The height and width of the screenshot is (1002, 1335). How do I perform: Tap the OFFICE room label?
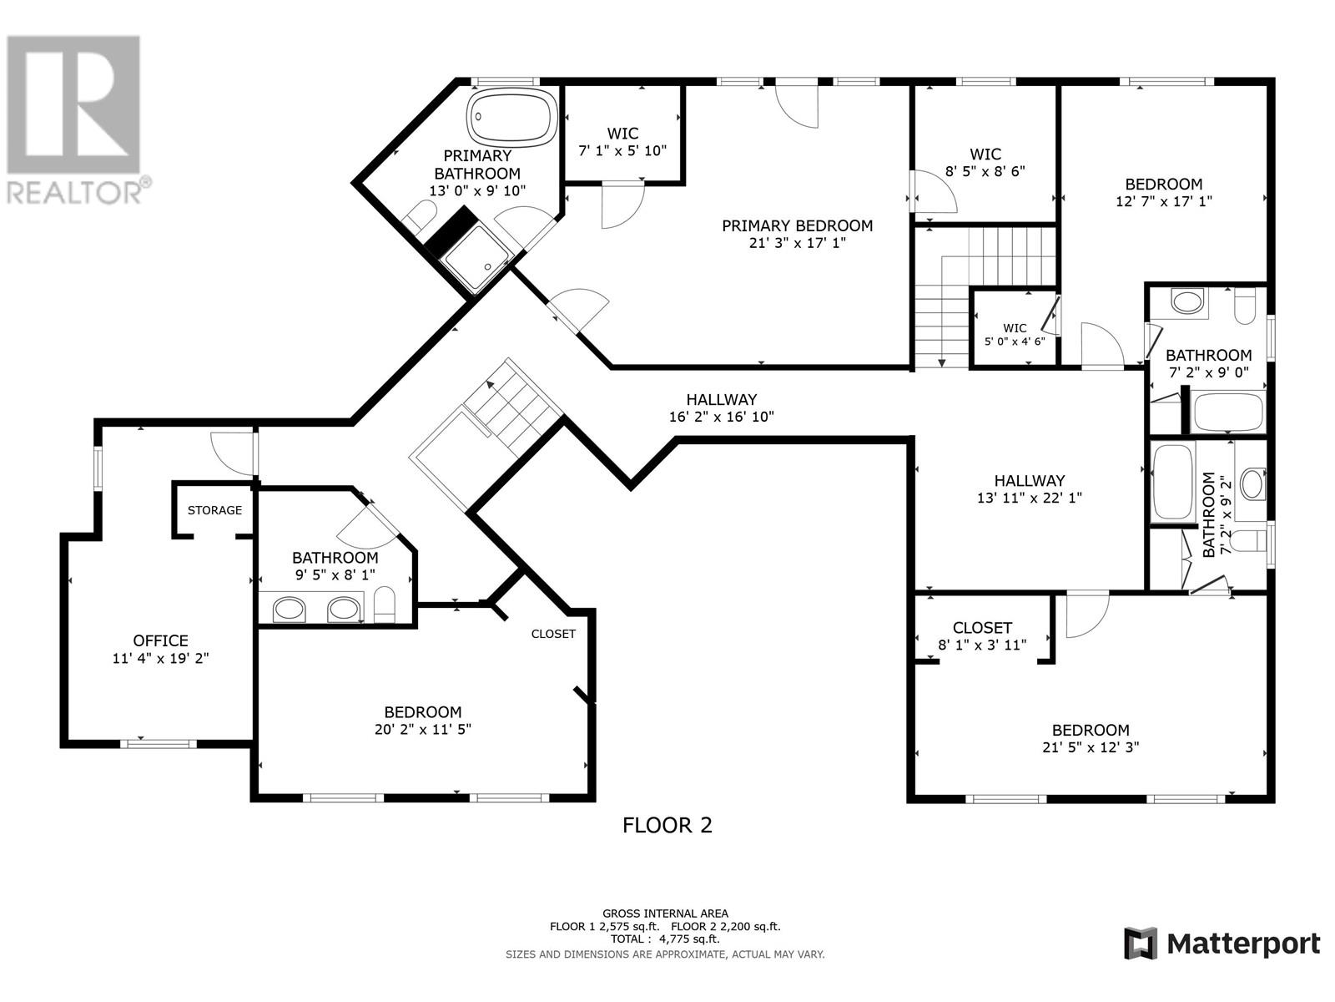160,640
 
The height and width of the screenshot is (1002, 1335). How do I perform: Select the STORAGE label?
214,510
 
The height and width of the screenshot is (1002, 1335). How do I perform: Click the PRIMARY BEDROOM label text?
797,225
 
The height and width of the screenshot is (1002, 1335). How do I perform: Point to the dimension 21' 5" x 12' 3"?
1091,747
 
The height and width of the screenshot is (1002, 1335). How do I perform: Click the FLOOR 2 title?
667,826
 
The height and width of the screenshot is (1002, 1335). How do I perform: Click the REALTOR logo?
75,119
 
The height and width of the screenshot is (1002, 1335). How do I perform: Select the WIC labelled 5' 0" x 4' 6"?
1015,335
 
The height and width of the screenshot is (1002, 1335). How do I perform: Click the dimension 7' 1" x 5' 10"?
622,150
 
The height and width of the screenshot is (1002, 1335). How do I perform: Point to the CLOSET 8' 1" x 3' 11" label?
982,636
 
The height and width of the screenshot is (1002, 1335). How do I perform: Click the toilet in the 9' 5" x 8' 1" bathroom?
385,605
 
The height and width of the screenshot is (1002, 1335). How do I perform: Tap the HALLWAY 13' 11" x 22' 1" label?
1029,489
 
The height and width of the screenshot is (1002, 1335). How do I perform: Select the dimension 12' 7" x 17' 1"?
1163,200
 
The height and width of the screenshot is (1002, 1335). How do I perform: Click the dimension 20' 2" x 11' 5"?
423,729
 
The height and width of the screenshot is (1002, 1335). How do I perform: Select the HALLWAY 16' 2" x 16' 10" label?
722,408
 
